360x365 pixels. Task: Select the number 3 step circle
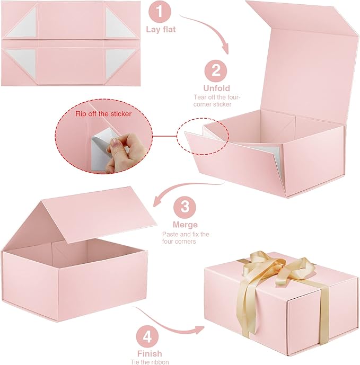pyautogui.click(x=184, y=206)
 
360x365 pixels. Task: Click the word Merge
pyautogui.click(x=185, y=224)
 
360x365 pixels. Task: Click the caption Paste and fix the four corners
pyautogui.click(x=185, y=237)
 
